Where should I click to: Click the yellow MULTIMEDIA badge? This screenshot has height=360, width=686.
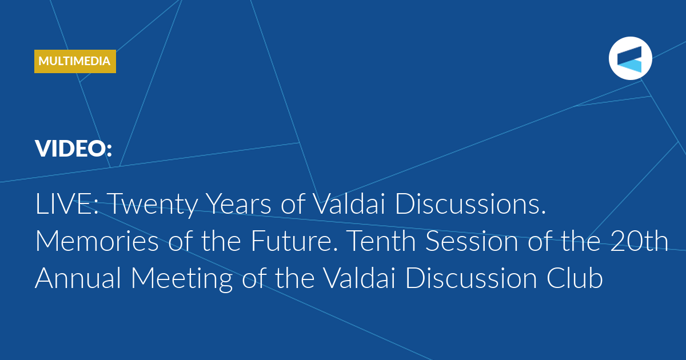pyautogui.click(x=75, y=61)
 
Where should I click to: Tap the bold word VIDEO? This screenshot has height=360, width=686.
pyautogui.click(x=74, y=149)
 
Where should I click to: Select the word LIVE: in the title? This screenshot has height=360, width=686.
pyautogui.click(x=67, y=203)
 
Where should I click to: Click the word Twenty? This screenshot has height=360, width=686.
pyautogui.click(x=153, y=206)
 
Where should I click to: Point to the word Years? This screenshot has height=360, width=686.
pyautogui.click(x=239, y=203)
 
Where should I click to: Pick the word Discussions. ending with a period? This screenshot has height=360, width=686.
pyautogui.click(x=470, y=203)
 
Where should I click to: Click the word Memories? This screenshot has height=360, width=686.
pyautogui.click(x=97, y=241)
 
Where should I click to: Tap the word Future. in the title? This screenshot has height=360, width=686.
pyautogui.click(x=294, y=241)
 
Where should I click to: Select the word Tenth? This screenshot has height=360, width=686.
pyautogui.click(x=381, y=241)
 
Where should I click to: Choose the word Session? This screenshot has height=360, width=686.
pyautogui.click(x=472, y=241)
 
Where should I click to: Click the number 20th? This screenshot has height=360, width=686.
pyautogui.click(x=640, y=241)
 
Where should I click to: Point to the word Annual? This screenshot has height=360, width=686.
pyautogui.click(x=78, y=278)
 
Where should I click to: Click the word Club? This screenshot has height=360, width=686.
pyautogui.click(x=575, y=278)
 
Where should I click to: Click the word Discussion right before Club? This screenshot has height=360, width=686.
pyautogui.click(x=471, y=278)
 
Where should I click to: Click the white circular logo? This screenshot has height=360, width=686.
pyautogui.click(x=630, y=58)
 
